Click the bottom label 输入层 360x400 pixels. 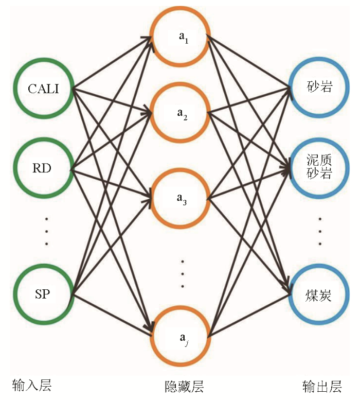click(32, 385)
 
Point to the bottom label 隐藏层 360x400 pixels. click(184, 386)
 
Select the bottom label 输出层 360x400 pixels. click(322, 386)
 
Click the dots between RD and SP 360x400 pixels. click(46, 231)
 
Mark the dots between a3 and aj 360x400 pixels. click(183, 274)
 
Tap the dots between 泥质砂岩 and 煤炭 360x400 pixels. click(320, 231)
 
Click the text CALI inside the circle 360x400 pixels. click(43, 89)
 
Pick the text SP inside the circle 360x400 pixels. click(42, 294)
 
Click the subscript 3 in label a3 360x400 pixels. click(185, 203)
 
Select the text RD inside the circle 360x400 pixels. click(42, 168)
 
